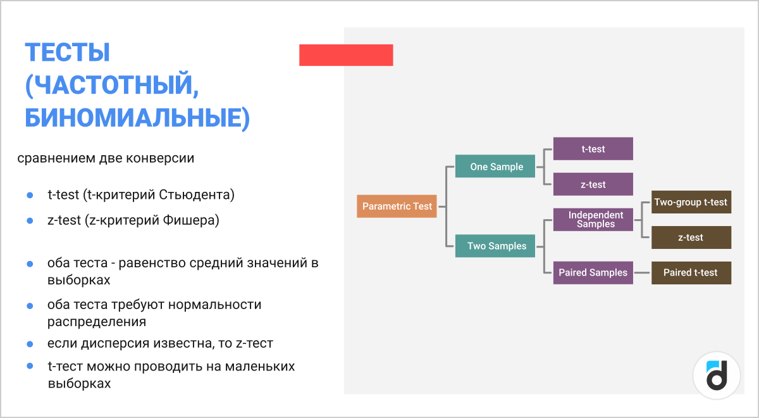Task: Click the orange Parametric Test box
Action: point(397,206)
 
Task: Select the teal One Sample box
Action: point(496,167)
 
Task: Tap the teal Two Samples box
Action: point(496,246)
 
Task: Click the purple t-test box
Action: point(593,149)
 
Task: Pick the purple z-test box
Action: point(593,184)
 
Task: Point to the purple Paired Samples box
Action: point(593,272)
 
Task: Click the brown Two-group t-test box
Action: point(691,202)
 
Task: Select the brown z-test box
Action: point(691,237)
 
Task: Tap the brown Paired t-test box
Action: point(691,272)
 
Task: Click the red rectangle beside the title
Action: point(346,55)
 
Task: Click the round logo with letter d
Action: point(717,375)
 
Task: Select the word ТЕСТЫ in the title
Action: point(68,53)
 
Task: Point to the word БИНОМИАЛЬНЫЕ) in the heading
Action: point(137,118)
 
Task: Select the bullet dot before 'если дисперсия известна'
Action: point(30,344)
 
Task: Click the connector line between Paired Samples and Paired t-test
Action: point(642,272)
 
